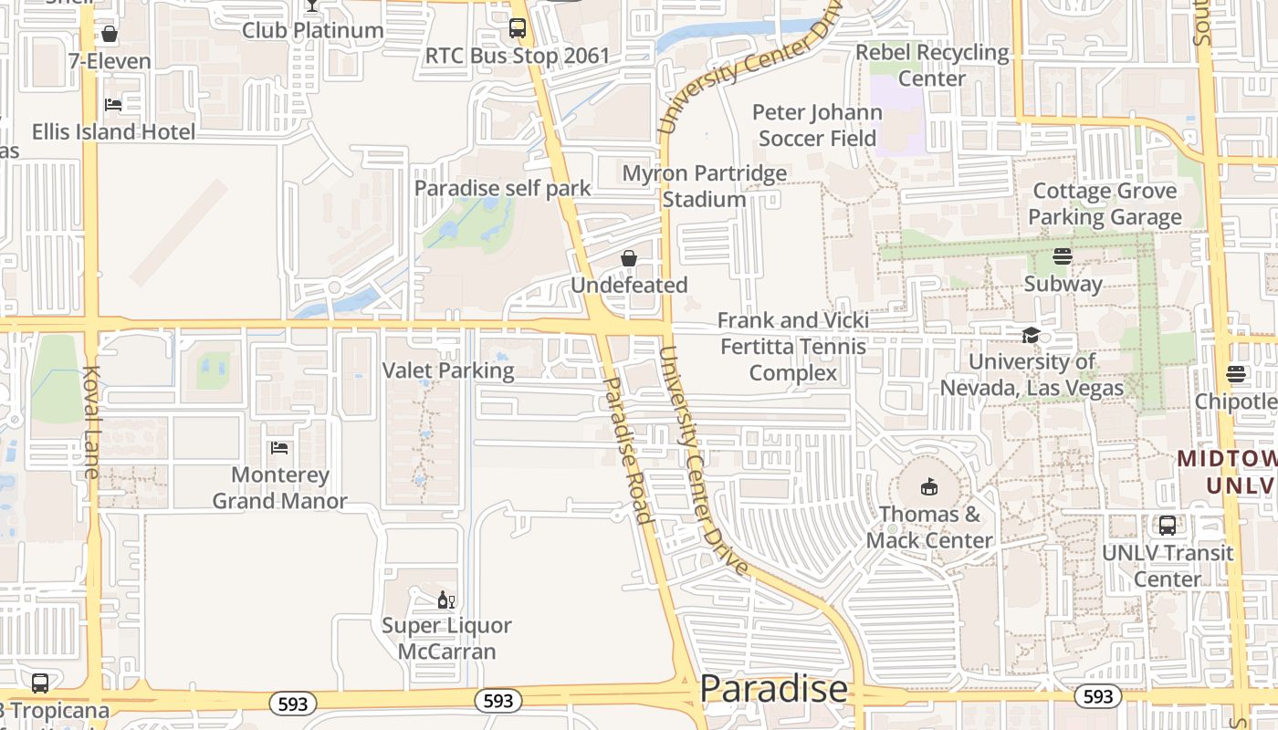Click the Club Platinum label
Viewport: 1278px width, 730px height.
coord(312,30)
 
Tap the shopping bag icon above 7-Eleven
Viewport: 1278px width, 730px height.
coord(110,35)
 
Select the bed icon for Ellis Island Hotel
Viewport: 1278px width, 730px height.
coord(113,105)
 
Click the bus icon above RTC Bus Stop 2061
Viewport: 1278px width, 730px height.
coord(518,28)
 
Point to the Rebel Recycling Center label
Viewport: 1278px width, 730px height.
coord(932,66)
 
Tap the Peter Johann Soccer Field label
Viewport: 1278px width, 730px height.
coord(817,126)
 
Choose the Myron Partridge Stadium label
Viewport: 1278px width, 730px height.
coord(704,186)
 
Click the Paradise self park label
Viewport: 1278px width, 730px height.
coord(502,189)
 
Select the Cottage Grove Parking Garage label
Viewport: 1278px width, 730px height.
coord(1105,204)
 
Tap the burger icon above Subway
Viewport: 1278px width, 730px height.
coord(1063,256)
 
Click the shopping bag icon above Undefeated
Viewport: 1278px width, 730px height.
coord(629,259)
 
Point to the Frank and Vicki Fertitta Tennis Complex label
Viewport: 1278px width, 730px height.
coord(792,347)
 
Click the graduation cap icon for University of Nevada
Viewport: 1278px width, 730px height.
coord(1031,335)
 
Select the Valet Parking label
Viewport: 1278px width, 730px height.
coord(448,370)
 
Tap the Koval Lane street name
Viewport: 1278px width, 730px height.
coord(91,422)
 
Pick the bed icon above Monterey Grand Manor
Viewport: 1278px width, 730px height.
coord(279,448)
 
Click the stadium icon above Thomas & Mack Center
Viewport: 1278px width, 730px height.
coord(929,487)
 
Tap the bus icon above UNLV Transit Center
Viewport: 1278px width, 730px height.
coord(1168,526)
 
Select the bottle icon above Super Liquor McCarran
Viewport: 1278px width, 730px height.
coord(446,600)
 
